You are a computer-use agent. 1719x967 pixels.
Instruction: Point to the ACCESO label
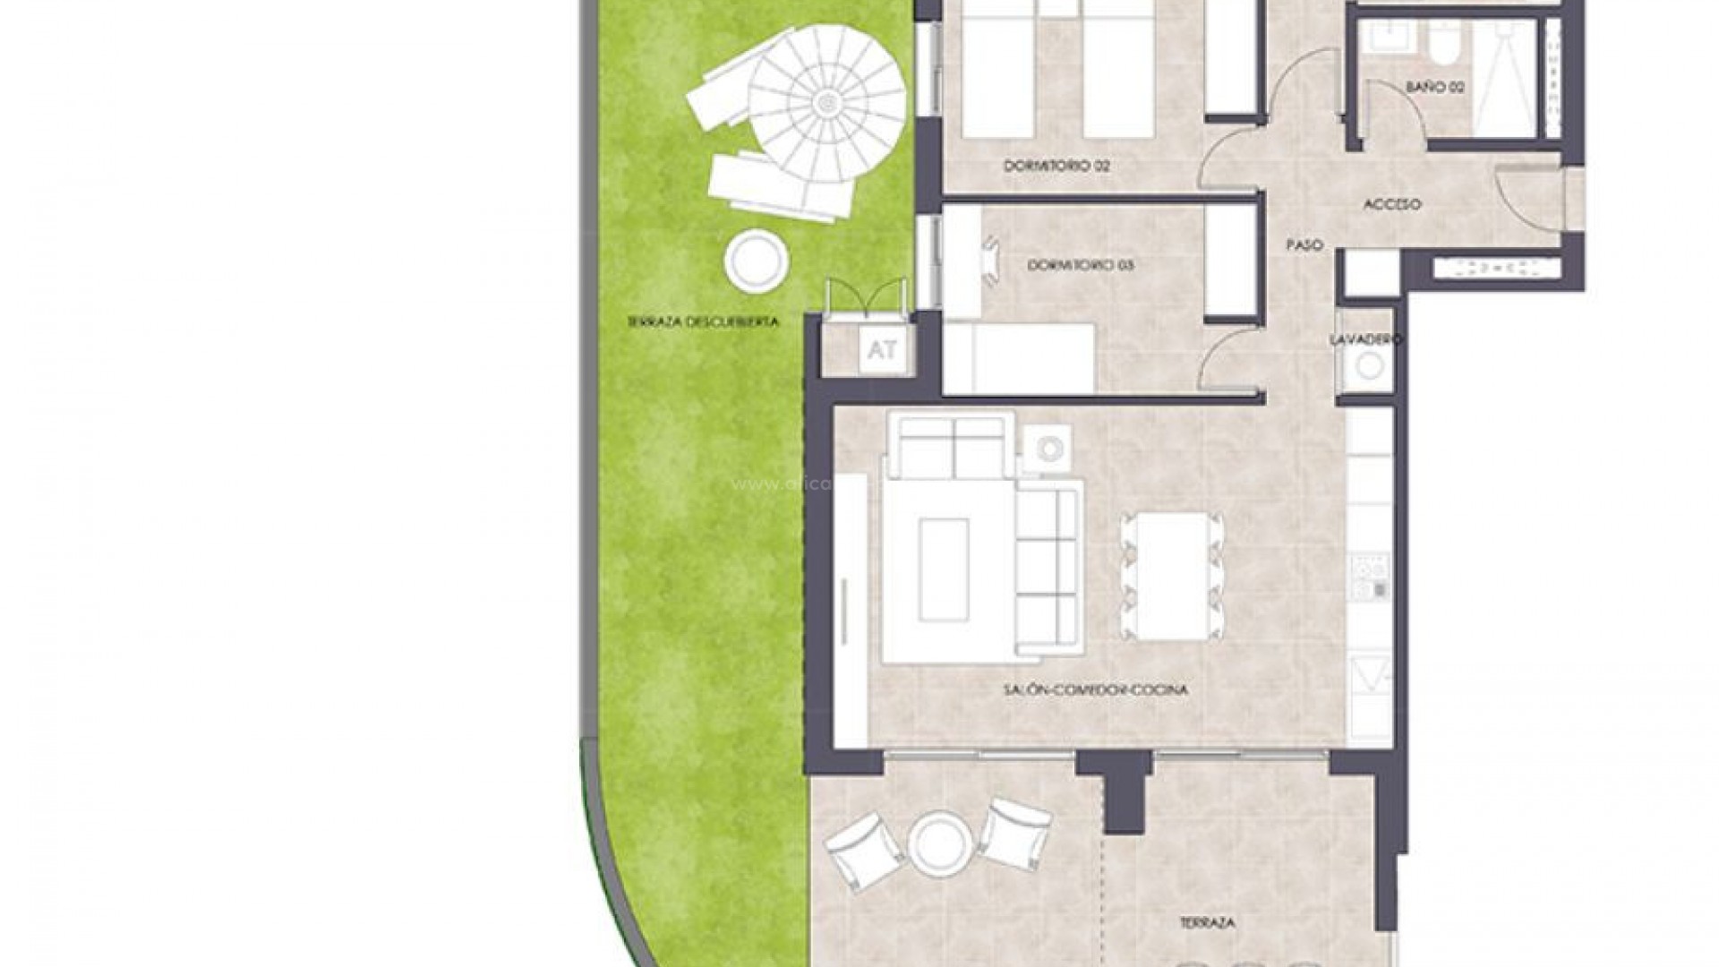(1391, 204)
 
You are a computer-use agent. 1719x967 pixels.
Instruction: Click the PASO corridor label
(1304, 244)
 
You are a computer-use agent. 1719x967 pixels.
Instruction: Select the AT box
(882, 350)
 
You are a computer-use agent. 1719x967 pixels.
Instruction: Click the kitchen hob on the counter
(1369, 577)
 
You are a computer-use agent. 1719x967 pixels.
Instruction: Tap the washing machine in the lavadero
(1368, 365)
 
